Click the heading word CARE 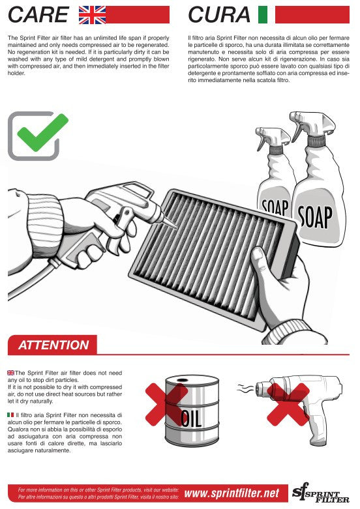(38, 14)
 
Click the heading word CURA (219, 14)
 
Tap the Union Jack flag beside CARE (92, 14)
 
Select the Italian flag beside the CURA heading (263, 14)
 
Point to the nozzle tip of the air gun (175, 225)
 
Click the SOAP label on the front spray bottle (315, 216)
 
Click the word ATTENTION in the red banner (53, 345)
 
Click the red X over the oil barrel (166, 403)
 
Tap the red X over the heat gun (288, 404)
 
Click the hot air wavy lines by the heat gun (245, 388)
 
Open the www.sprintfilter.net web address (232, 493)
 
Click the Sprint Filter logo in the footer (320, 493)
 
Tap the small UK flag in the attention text (10, 373)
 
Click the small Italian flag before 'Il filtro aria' (10, 415)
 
